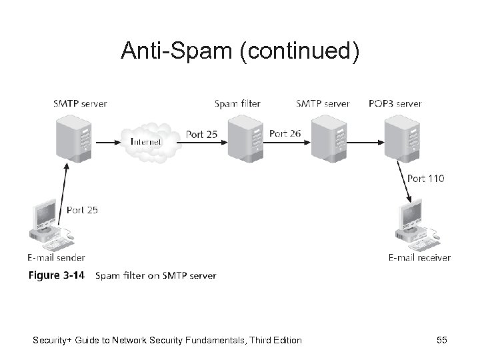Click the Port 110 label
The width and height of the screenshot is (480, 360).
425,178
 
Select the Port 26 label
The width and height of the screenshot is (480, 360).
285,133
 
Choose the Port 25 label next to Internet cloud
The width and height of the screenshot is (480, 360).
201,134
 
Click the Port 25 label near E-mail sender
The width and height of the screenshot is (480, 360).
82,209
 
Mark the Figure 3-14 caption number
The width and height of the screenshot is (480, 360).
55,275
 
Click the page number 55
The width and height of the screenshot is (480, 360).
441,341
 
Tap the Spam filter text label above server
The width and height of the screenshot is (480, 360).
237,103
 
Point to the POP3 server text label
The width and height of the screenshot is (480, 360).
395,103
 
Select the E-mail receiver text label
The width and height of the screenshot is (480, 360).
419,257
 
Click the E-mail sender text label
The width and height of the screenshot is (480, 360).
56,257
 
